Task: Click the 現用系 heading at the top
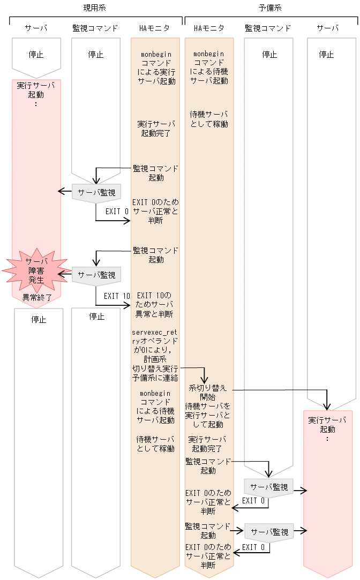[x=94, y=7]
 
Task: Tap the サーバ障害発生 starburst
[x=36, y=270]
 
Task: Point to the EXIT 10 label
[x=117, y=296]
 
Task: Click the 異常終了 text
[x=36, y=297]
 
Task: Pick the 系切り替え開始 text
[x=208, y=392]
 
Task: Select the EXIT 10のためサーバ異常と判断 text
[x=155, y=304]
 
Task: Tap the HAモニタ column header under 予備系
[x=209, y=28]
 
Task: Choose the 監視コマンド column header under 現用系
[x=95, y=28]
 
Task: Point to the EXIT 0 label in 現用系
[x=117, y=211]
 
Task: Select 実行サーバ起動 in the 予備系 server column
[x=327, y=424]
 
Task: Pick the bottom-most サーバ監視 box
[x=269, y=532]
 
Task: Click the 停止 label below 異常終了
[x=39, y=320]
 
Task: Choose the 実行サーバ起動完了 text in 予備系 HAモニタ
[x=208, y=443]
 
